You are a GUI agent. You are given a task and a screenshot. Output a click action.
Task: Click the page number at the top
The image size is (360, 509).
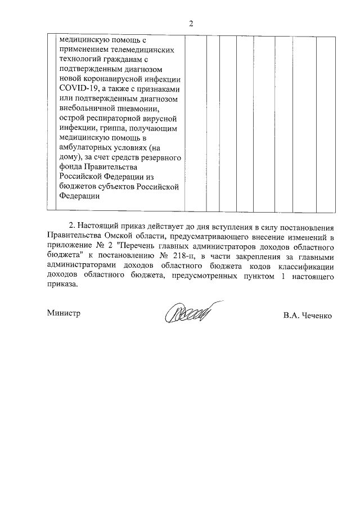191,24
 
